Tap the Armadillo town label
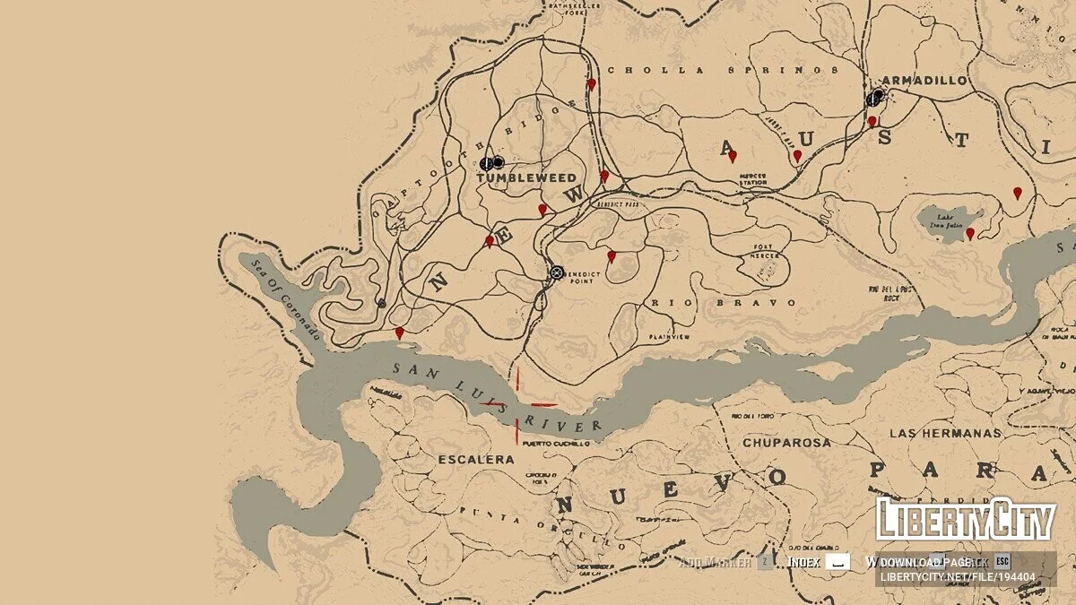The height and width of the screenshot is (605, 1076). coord(925,80)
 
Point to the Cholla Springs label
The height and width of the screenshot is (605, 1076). coord(722,70)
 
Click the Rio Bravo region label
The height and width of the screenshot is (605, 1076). coord(724,303)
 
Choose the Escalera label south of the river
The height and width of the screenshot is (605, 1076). coord(476,460)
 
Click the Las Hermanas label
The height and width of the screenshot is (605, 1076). coord(944,433)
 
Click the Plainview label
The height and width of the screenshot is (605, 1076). coord(670,337)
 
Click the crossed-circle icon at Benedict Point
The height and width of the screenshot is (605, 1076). coord(556,272)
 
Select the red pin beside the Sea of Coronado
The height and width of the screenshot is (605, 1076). coord(399,333)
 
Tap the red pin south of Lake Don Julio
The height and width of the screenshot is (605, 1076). coord(969,234)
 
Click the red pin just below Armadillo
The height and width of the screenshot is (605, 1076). coord(872,121)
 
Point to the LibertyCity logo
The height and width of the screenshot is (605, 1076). coord(965,520)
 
